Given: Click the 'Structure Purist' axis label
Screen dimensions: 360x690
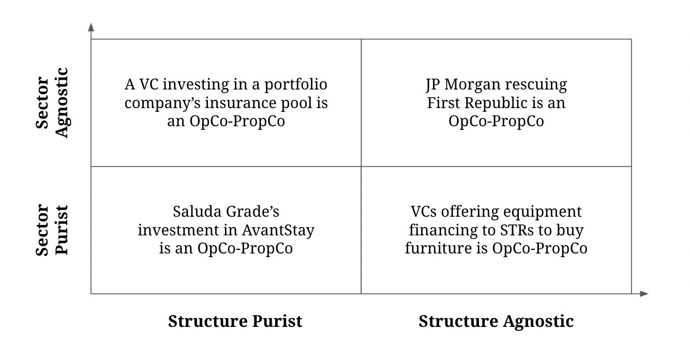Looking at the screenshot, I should point(235,321).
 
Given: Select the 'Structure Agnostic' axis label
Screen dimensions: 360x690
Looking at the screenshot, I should point(496,321).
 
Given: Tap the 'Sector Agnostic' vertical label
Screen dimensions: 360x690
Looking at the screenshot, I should point(52,102).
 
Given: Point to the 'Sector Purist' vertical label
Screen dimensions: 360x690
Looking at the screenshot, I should point(52,230).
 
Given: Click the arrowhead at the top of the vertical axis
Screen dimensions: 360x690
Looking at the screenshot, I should point(91,27).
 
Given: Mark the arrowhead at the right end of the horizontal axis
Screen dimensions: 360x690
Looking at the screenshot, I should point(643,294).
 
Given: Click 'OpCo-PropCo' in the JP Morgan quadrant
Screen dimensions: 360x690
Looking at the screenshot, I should point(496,121).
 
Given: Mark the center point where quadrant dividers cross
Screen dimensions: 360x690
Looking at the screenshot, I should point(361,167).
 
